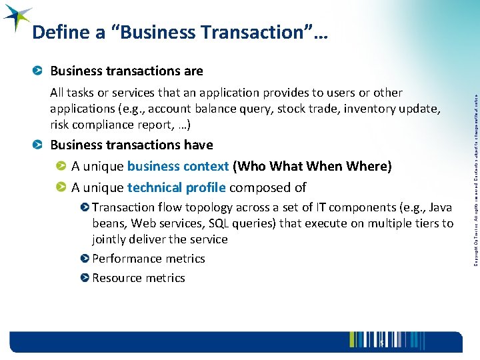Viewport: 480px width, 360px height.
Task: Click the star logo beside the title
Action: tap(17, 18)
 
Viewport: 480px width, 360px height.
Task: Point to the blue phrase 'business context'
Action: tap(178, 166)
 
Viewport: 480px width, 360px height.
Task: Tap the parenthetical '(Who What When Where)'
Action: tap(312, 166)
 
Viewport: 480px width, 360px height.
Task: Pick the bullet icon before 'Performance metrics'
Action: tap(85, 259)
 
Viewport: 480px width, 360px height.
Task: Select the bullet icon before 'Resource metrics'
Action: tap(85, 278)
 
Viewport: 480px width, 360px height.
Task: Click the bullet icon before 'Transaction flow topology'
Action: tap(85, 207)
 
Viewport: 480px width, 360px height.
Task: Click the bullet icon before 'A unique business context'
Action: tap(61, 166)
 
